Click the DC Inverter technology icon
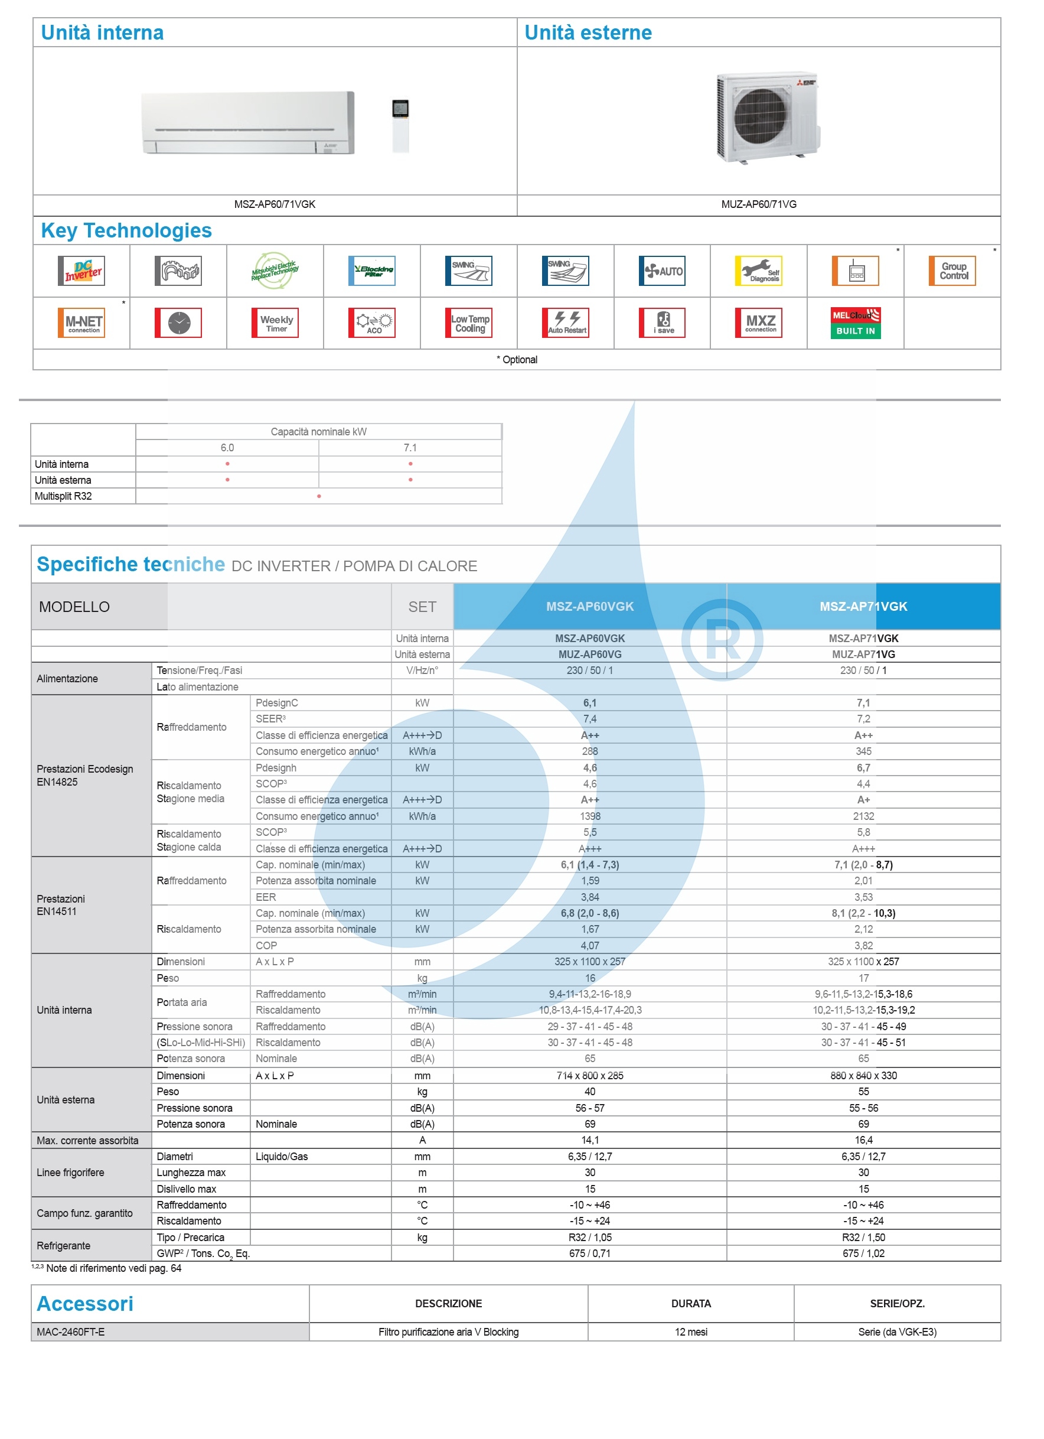pos(81,271)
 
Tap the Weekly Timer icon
pos(275,323)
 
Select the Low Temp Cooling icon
pos(469,323)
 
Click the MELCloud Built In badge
pos(855,323)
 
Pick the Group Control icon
pos(952,271)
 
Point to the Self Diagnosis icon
pos(758,271)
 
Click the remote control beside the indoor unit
pos(400,125)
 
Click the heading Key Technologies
pos(126,230)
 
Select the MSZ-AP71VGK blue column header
pos(863,607)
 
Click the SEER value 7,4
pos(590,719)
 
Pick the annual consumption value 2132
pos(863,816)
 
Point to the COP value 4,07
pos(590,945)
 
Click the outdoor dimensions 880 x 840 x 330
pos(863,1076)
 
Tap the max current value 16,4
pos(863,1140)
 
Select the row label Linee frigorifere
pos(70,1173)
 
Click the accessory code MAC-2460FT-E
pos(70,1331)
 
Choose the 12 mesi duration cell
pos(691,1331)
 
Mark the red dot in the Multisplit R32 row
pos(319,496)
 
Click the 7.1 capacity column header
pos(410,448)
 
